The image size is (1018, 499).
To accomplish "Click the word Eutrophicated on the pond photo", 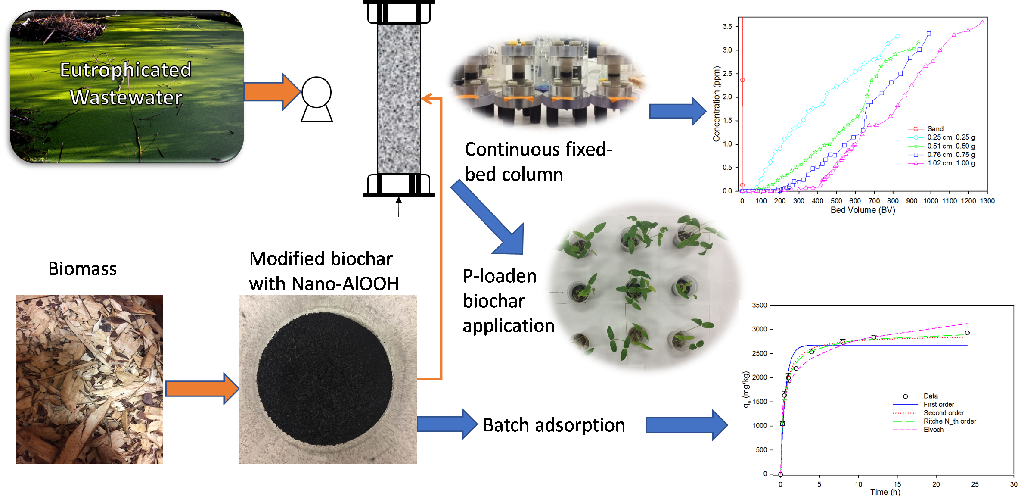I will [x=125, y=70].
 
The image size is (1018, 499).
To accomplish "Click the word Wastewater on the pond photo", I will [x=126, y=97].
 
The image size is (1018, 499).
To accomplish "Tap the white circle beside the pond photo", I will [x=316, y=92].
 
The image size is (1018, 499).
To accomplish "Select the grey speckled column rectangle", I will [x=399, y=99].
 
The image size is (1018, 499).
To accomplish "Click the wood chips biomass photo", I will [x=90, y=379].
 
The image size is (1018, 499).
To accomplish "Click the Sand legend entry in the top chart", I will [x=935, y=129].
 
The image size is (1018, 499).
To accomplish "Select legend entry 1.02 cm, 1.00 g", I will [x=951, y=163].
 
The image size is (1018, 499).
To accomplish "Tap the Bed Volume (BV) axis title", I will [x=863, y=210].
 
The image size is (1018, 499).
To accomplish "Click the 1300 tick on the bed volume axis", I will [x=987, y=201].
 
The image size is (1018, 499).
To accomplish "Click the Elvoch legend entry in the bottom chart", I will [x=933, y=430].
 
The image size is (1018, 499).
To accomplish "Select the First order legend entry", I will [x=938, y=404].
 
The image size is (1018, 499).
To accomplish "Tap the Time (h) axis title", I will [x=885, y=492].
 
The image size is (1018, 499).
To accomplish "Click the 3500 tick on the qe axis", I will [x=759, y=305].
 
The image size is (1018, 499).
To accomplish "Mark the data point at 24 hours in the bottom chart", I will [x=967, y=333].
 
